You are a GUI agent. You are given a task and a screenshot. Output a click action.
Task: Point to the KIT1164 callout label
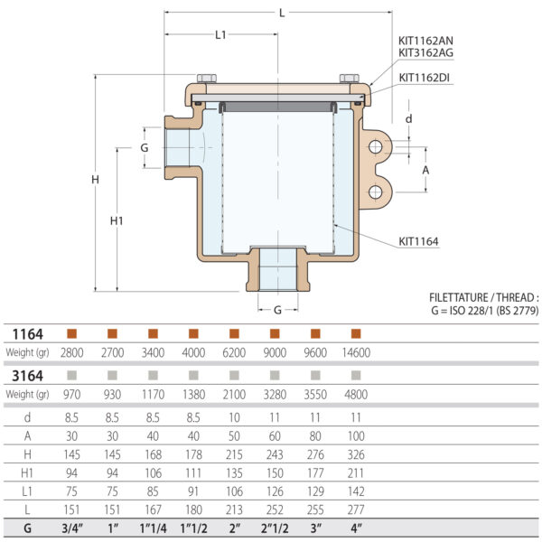pyautogui.click(x=419, y=241)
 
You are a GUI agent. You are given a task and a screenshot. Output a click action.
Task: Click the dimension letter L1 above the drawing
pyautogui.click(x=221, y=35)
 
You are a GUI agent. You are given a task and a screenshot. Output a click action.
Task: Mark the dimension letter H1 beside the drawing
pyautogui.click(x=116, y=220)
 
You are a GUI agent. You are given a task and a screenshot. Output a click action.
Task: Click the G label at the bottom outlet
pyautogui.click(x=277, y=308)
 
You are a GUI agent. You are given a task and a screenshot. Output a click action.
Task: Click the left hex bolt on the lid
pyautogui.click(x=203, y=78)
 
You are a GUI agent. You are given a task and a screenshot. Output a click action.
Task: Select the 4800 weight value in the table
pyautogui.click(x=355, y=394)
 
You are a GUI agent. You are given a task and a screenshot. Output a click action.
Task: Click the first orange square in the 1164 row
pyautogui.click(x=70, y=333)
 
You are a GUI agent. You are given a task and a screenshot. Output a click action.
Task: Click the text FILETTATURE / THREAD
pyautogui.click(x=483, y=296)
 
